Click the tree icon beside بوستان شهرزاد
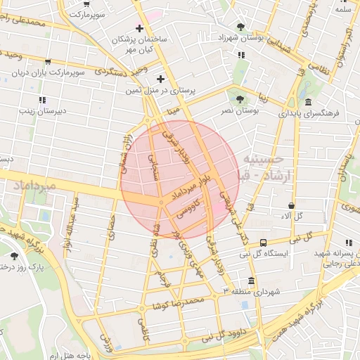point(241,27)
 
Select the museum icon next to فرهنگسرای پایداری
point(309,102)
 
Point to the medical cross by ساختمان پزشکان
point(140,29)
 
